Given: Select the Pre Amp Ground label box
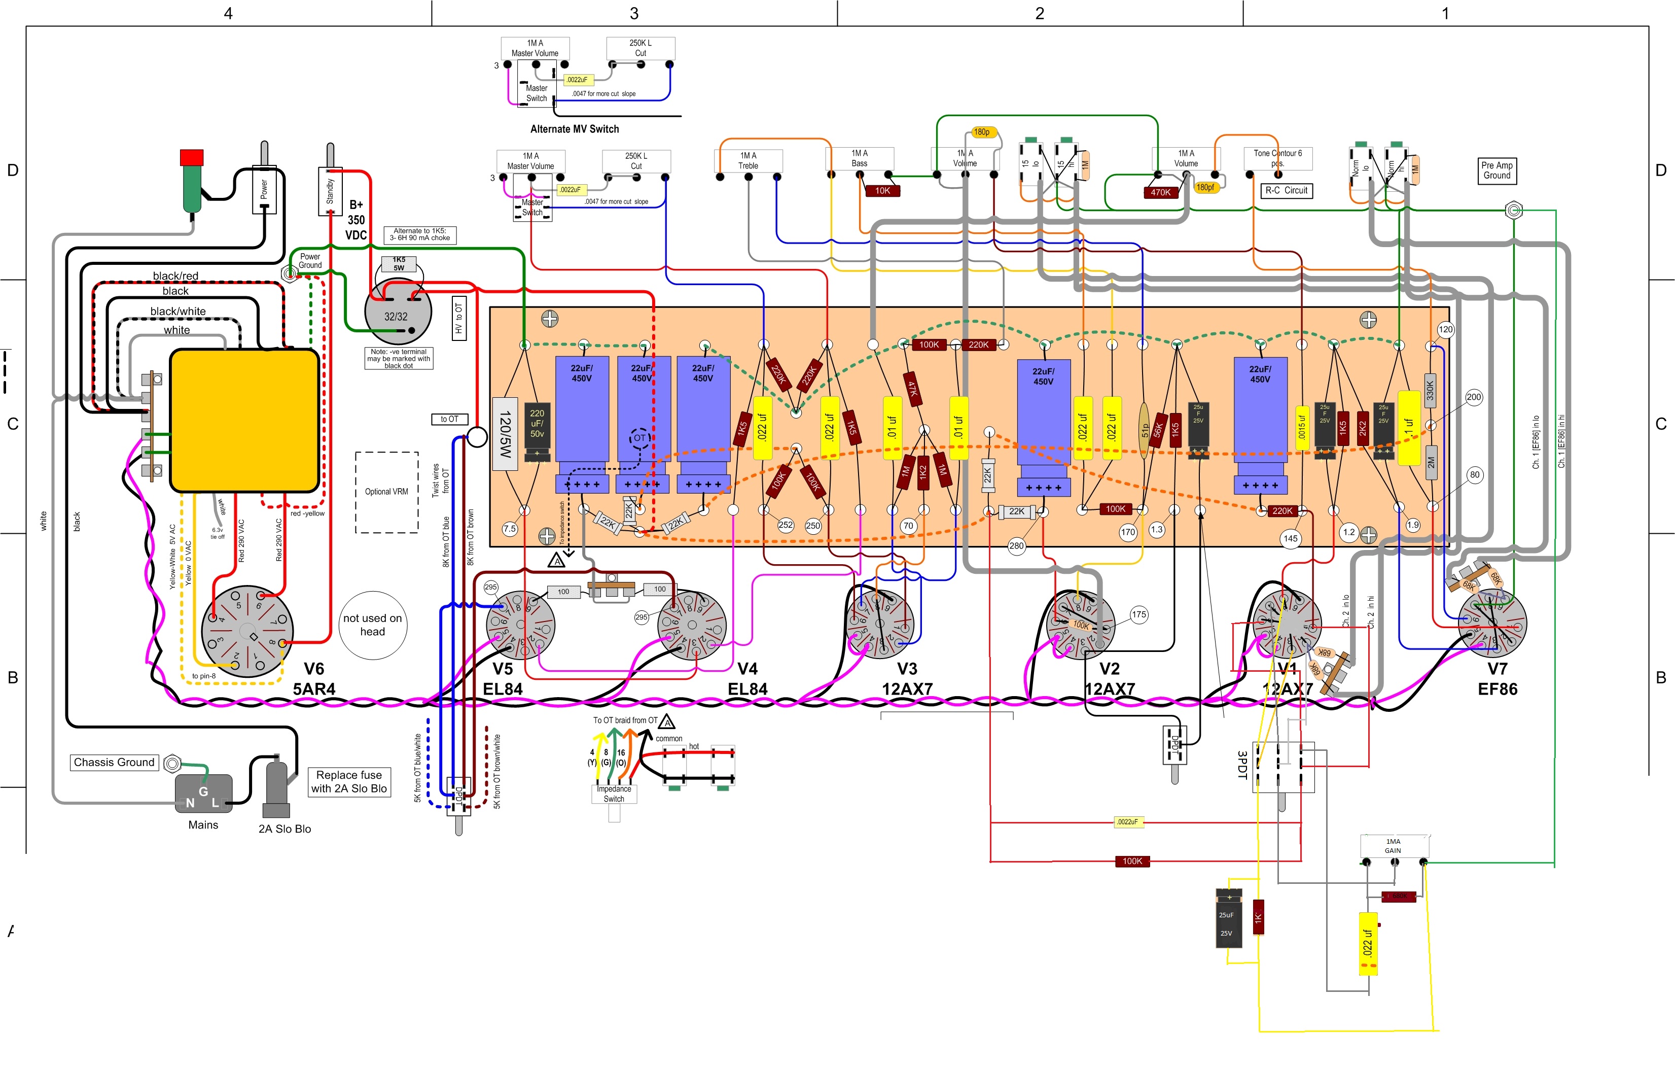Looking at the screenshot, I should coord(1497,170).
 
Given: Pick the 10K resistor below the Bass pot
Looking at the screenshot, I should coord(882,191).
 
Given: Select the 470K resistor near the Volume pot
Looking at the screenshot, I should coord(1160,193).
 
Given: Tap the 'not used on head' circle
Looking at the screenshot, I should coord(373,625).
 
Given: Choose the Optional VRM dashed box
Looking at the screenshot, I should coord(387,492).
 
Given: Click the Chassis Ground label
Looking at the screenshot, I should coord(114,762).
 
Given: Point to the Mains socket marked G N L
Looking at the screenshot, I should coord(203,794).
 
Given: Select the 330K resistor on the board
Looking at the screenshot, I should coord(1430,391).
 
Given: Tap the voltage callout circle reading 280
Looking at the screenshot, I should coord(1016,546).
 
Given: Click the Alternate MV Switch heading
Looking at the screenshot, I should coord(575,129).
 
